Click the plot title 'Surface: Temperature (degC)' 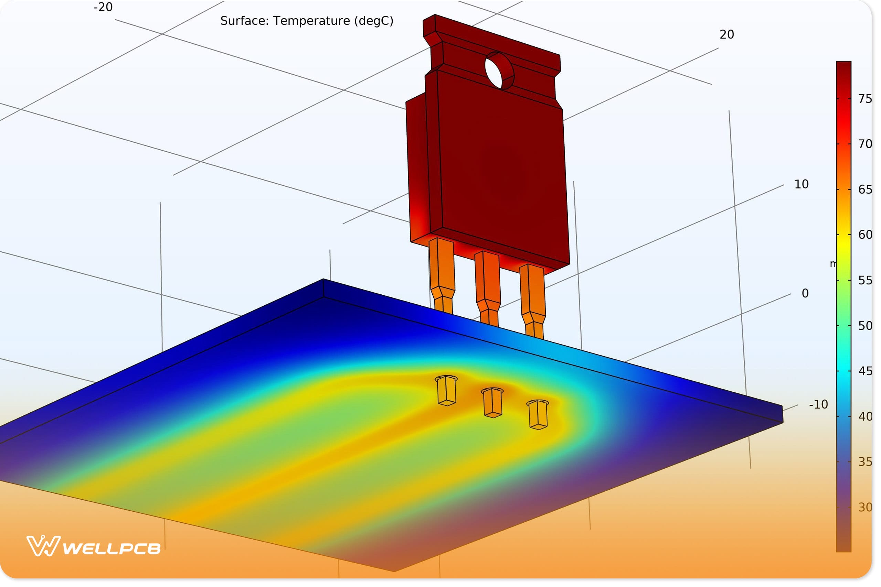coord(307,21)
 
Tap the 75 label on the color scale coord(865,99)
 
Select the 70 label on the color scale coord(865,144)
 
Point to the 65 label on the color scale coord(865,190)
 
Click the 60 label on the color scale coord(865,235)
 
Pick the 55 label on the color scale coord(865,281)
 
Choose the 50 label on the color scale coord(865,326)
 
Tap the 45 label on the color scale coord(865,371)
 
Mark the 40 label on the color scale coord(865,417)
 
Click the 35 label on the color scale coord(865,462)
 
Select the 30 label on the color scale coord(865,508)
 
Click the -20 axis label coord(103,7)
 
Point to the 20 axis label coord(727,35)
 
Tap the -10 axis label coord(818,405)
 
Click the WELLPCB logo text coord(112,549)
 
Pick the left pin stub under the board coord(446,391)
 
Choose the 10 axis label coord(802,185)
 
